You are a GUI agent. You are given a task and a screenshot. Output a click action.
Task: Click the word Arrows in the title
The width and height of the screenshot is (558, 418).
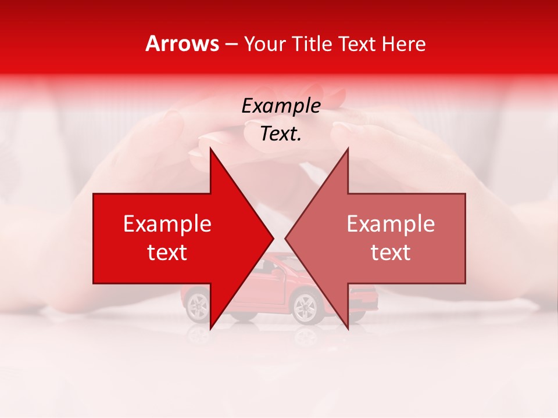pos(182,44)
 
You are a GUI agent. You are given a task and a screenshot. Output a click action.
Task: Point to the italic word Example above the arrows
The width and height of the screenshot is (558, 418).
pos(281,106)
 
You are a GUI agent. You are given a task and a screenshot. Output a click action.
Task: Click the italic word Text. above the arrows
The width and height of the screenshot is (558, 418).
pos(281,134)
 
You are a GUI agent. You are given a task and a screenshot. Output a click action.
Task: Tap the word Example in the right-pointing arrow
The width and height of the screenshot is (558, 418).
pos(167,224)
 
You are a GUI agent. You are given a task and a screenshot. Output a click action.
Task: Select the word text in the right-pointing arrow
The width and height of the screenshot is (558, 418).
pos(167,253)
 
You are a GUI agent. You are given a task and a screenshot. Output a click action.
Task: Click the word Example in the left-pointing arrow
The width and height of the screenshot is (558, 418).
pos(391,224)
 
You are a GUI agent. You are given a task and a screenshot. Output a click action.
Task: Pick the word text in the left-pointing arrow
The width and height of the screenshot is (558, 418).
pos(391,253)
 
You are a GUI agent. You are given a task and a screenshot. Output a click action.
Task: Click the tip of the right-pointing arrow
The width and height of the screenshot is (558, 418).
pos(273,238)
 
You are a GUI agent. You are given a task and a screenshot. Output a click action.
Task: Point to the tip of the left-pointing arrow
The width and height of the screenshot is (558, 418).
pos(285,238)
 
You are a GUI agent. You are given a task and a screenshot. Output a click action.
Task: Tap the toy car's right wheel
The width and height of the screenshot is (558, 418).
pos(305,306)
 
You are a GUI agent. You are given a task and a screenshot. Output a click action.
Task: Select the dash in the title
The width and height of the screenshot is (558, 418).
pos(231,45)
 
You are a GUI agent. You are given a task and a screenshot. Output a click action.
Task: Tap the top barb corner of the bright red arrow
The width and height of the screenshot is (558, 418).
pos(210,149)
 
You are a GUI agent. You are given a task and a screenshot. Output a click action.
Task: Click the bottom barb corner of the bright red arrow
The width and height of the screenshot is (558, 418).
pos(210,329)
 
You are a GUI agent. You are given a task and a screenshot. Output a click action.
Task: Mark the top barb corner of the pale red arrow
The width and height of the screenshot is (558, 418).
pos(348,149)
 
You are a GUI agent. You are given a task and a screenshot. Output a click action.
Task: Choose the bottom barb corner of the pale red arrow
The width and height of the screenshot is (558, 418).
pos(348,329)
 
